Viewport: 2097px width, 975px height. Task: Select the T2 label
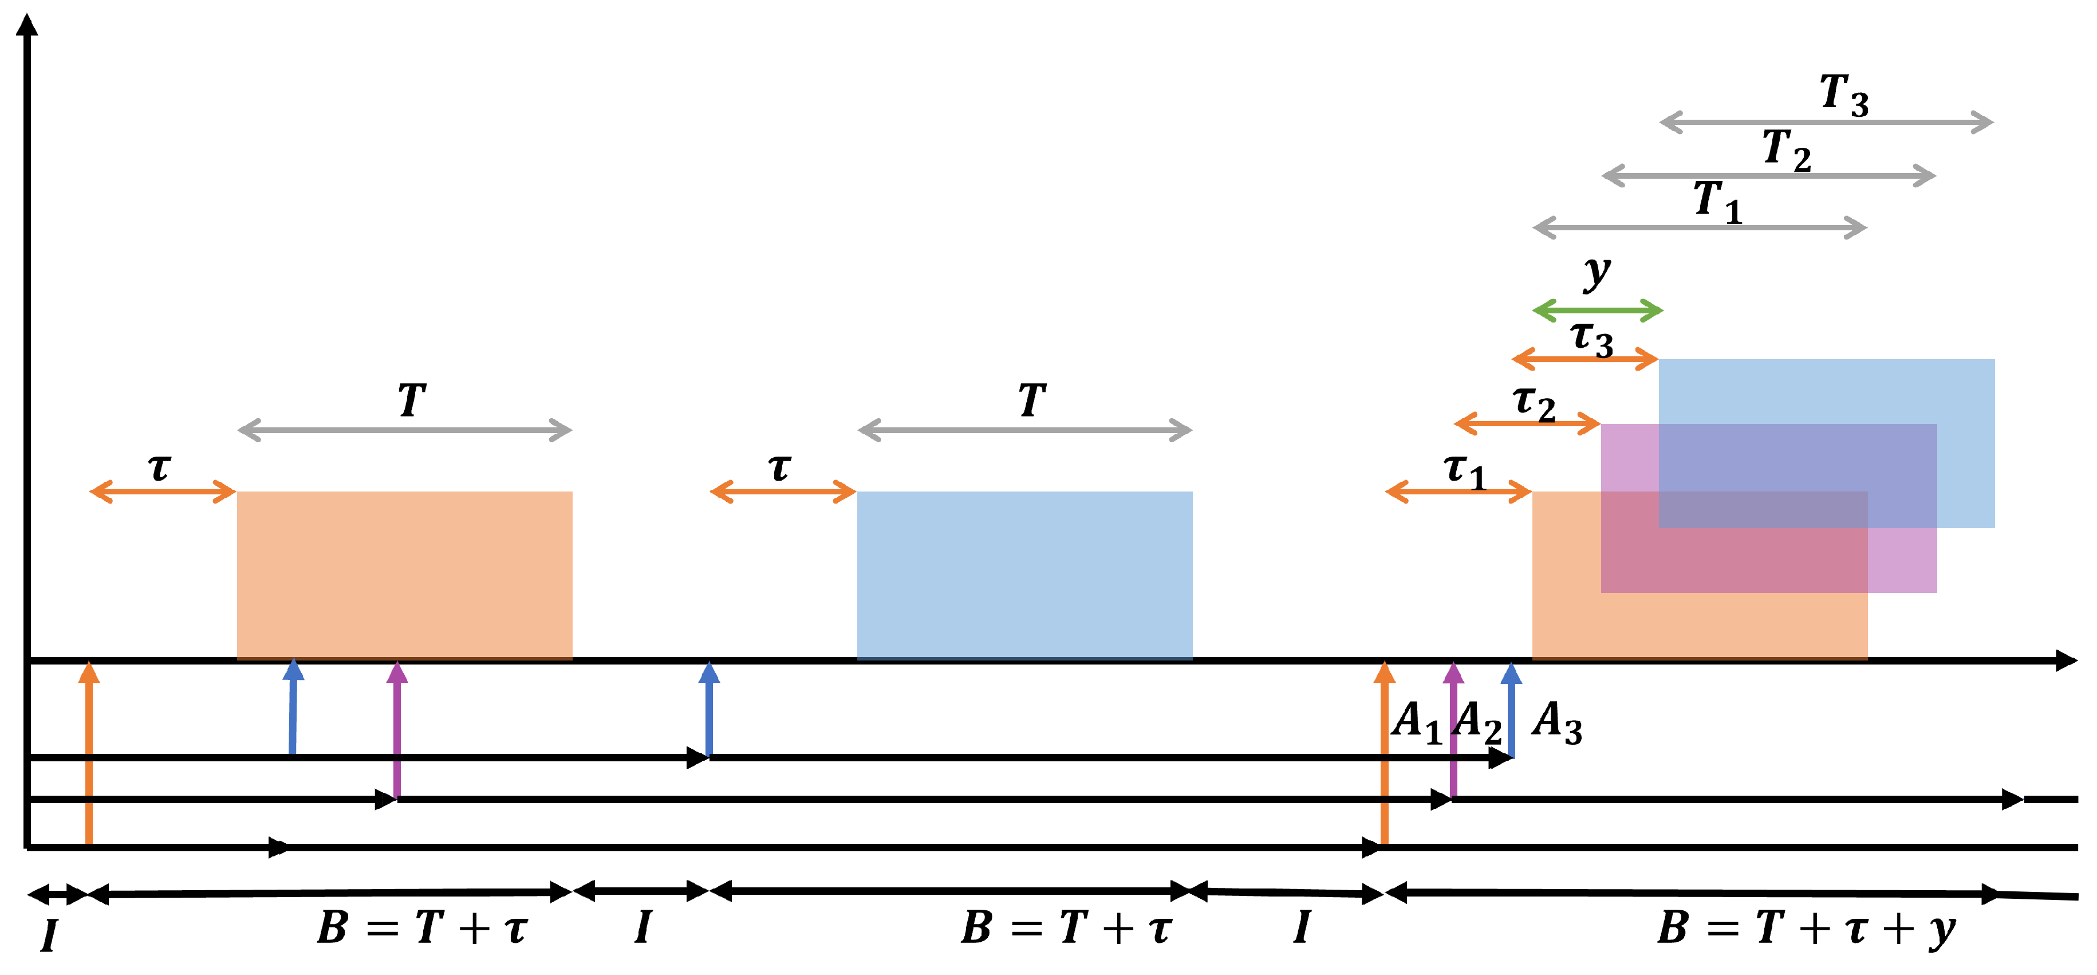(1786, 151)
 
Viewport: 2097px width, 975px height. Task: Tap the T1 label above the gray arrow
(1717, 202)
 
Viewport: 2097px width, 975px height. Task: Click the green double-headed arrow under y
(1597, 310)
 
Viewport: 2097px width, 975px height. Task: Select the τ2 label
(1534, 403)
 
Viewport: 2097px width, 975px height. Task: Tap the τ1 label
(1464, 471)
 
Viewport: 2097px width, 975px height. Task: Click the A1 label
(1417, 722)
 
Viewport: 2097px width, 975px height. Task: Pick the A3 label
(1556, 722)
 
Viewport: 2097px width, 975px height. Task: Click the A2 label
(1477, 722)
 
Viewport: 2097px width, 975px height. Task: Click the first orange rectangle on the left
(405, 574)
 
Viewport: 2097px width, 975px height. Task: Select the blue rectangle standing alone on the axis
(1024, 574)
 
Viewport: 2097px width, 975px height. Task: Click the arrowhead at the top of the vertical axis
(27, 25)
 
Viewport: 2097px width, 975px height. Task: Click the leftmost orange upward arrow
(89, 753)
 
